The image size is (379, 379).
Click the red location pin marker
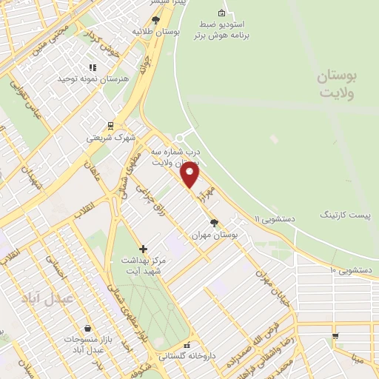(x=190, y=175)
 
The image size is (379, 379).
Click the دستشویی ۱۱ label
(x=275, y=219)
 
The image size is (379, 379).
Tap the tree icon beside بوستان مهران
(x=214, y=222)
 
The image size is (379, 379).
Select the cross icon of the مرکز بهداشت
(x=143, y=249)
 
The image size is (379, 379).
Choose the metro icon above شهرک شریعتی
(x=110, y=125)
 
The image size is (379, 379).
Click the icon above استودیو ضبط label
(x=221, y=13)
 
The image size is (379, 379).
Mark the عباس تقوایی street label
(x=21, y=97)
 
